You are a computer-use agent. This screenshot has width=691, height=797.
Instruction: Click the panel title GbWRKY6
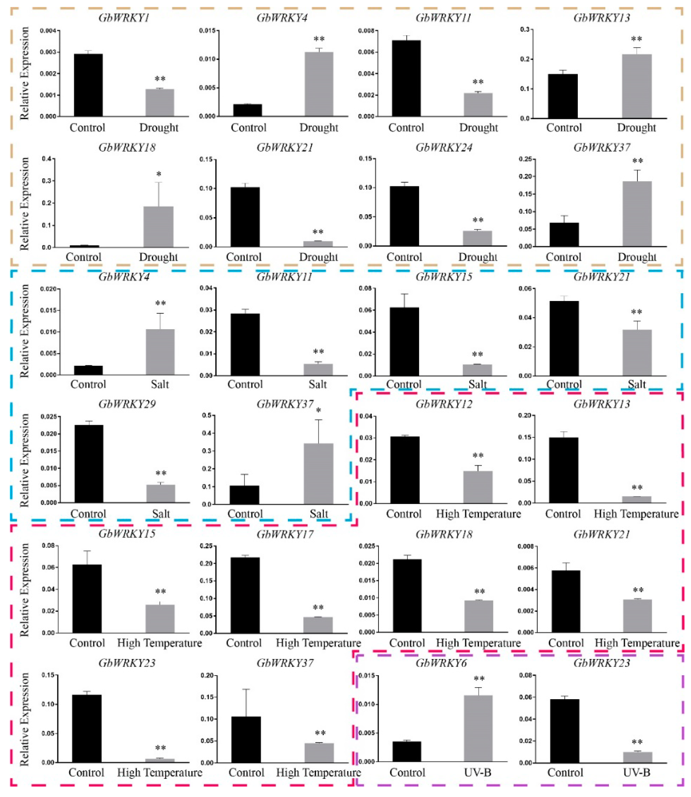click(x=444, y=663)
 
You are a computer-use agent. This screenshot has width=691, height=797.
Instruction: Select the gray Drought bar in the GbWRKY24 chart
click(x=478, y=238)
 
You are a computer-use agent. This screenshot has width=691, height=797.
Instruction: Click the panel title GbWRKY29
click(x=127, y=404)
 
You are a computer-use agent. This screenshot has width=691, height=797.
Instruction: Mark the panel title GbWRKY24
click(x=444, y=148)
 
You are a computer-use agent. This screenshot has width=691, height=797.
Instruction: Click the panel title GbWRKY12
click(x=444, y=404)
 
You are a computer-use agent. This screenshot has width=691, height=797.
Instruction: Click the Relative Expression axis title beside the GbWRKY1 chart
click(x=24, y=73)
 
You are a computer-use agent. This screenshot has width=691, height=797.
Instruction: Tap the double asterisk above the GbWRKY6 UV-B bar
click(x=479, y=679)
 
